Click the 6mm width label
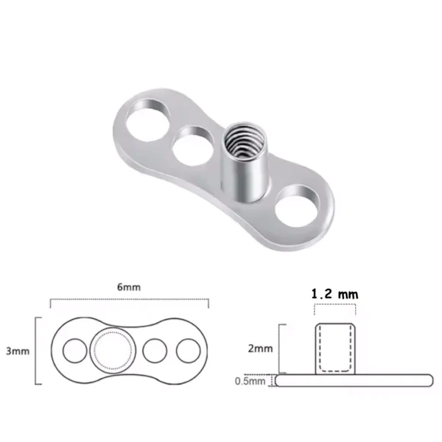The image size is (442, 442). [129, 287]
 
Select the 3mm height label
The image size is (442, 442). [19, 351]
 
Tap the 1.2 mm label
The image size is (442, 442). [335, 293]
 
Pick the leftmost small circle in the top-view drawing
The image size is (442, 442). [74, 351]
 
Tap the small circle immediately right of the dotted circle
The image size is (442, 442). [154, 351]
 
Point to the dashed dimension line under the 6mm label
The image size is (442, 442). [129, 300]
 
